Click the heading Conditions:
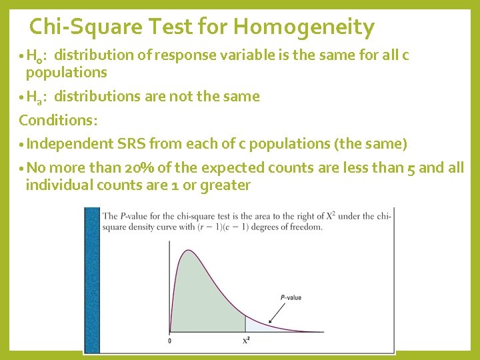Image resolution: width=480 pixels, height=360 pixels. (x=58, y=120)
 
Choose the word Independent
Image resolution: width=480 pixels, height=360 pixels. (x=71, y=143)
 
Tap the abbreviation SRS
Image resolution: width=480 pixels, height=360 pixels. (x=131, y=143)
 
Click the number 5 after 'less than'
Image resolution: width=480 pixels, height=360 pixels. (x=410, y=167)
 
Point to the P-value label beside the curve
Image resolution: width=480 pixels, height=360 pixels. (x=290, y=298)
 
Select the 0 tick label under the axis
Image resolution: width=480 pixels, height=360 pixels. (x=169, y=341)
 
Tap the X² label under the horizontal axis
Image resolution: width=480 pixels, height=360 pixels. (x=246, y=341)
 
